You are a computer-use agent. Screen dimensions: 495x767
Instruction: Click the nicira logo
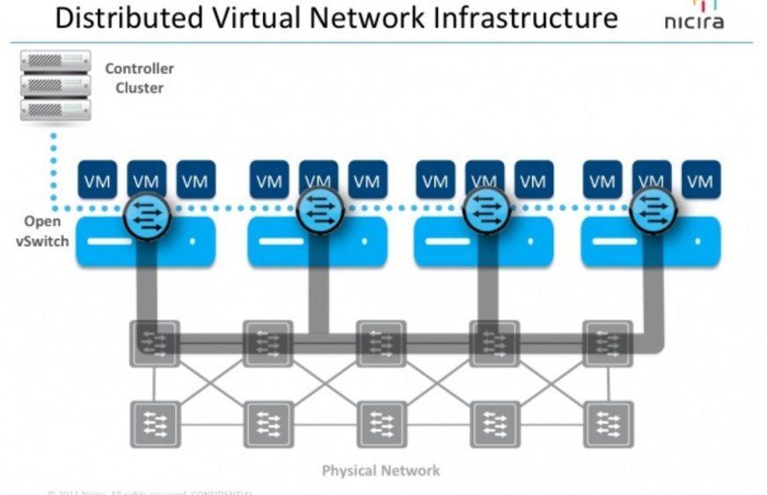(x=694, y=17)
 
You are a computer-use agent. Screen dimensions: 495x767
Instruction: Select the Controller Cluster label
(x=139, y=77)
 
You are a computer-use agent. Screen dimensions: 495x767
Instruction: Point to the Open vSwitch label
(x=42, y=231)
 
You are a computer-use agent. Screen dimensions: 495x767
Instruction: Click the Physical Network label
(x=380, y=470)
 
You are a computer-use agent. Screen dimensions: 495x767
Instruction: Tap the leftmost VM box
(x=97, y=181)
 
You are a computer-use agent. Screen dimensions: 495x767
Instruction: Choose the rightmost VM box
(x=700, y=181)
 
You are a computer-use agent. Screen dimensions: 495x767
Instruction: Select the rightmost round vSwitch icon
(x=652, y=212)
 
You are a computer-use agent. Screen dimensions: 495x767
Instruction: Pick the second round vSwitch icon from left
(x=318, y=212)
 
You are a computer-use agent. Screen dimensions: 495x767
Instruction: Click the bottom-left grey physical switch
(x=155, y=425)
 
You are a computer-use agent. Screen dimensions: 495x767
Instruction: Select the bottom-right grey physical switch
(x=608, y=425)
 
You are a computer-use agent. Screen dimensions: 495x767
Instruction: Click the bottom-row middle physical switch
(x=381, y=425)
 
